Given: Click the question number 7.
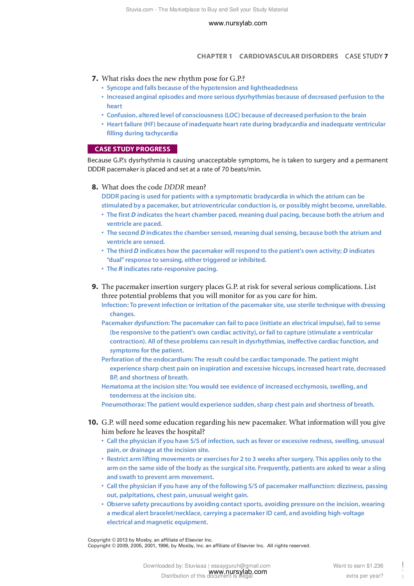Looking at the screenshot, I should [94, 79].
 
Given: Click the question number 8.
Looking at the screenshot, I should [94, 187].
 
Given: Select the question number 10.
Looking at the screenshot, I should [93, 422].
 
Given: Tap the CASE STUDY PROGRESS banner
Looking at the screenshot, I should [132, 149].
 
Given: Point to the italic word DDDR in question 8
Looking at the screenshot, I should [174, 187].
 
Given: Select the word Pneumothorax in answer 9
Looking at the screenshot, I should [123, 405].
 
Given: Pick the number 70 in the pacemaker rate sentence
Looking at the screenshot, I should [225, 169].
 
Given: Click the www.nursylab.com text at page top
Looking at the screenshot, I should [238, 23].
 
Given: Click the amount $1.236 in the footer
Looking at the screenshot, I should [375, 566].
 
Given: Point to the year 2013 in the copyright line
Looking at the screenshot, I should [122, 540].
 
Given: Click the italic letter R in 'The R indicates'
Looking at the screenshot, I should [121, 269].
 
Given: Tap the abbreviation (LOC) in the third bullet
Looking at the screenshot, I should [232, 115].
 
